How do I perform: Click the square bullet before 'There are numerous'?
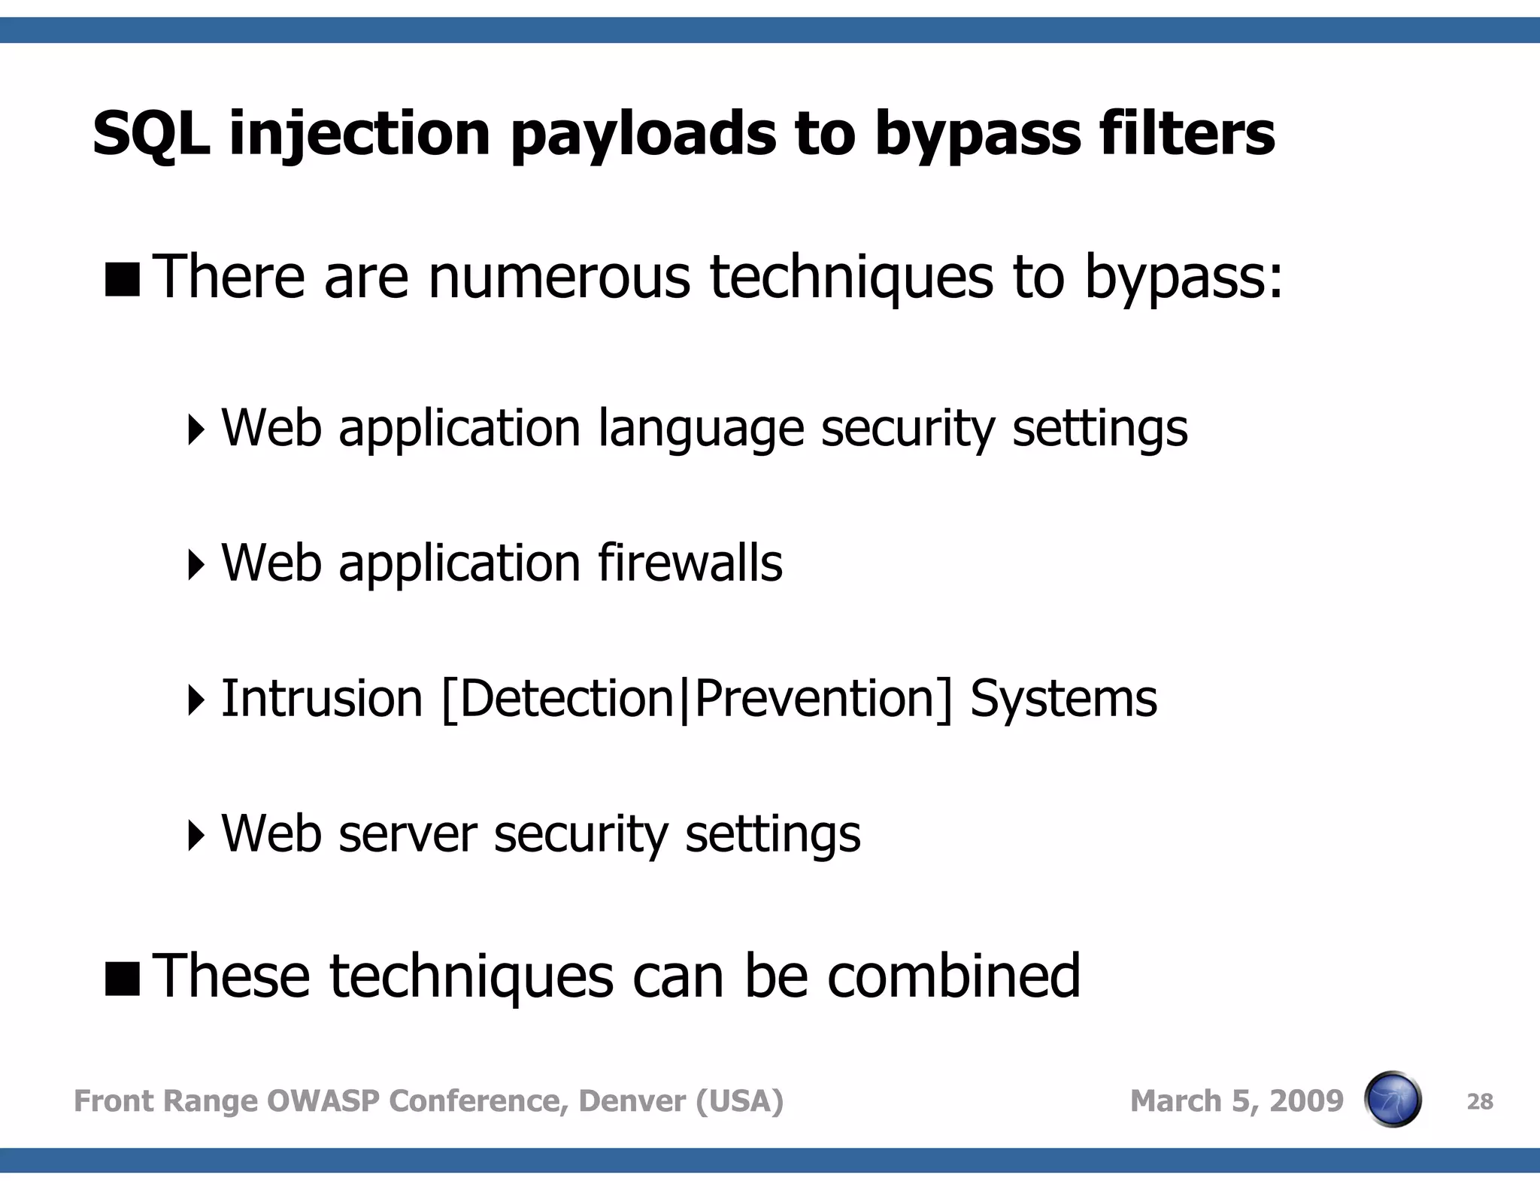123,280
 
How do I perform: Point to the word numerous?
558,277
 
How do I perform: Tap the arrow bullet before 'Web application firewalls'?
196,565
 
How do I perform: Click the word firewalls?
690,563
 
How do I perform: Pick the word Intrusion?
322,699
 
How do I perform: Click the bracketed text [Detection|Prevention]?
696,700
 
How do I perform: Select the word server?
408,834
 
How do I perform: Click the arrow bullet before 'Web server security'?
196,836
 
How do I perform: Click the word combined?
953,976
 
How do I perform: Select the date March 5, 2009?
1236,1100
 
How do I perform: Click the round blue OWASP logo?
1392,1099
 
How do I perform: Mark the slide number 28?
1479,1102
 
